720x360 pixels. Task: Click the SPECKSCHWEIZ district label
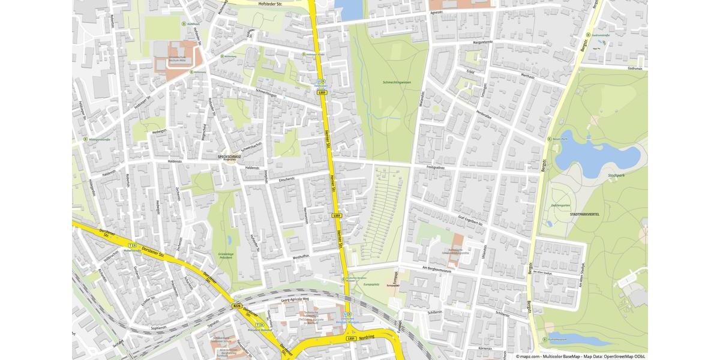click(x=229, y=156)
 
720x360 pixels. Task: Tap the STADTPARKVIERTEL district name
click(x=584, y=214)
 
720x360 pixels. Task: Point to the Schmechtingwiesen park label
click(x=397, y=82)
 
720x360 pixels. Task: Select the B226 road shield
click(x=237, y=306)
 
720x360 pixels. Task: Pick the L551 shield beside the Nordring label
click(x=352, y=338)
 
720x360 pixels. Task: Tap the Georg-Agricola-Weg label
click(x=295, y=299)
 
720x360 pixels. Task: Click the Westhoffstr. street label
click(x=301, y=256)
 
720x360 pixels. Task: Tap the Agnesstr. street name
click(x=436, y=11)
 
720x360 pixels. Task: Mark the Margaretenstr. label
click(x=482, y=43)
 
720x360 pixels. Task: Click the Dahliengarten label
click(x=560, y=205)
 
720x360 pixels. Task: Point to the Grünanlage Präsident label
click(x=226, y=255)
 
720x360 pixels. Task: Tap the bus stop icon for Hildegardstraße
click(x=85, y=139)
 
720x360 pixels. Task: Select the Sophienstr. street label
click(x=158, y=328)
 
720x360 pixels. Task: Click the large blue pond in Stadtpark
click(x=594, y=155)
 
